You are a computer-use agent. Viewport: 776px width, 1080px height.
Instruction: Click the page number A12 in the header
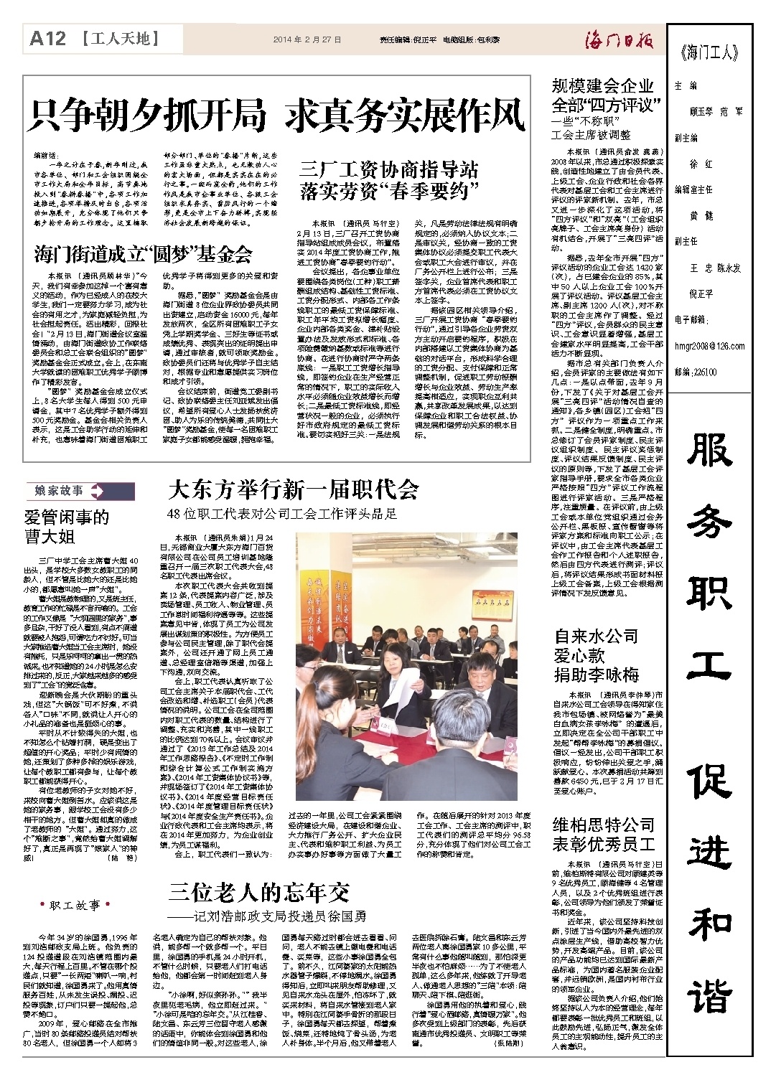click(48, 39)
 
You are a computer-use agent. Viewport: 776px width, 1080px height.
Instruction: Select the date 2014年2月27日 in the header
click(307, 40)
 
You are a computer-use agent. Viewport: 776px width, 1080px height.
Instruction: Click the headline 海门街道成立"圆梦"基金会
click(143, 253)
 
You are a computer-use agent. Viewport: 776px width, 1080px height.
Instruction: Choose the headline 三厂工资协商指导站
click(388, 171)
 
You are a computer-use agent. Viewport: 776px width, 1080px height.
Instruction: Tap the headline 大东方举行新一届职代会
click(293, 489)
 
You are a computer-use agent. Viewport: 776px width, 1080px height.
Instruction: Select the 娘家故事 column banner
click(61, 492)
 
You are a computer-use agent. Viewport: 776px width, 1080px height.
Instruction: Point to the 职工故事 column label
click(75, 906)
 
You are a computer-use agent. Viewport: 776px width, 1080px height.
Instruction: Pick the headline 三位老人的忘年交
click(259, 893)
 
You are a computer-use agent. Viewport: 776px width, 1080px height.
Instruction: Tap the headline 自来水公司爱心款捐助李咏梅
click(596, 655)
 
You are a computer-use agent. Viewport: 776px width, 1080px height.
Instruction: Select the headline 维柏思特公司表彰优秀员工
click(603, 835)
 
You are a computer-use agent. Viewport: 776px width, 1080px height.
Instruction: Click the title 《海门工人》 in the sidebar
click(709, 52)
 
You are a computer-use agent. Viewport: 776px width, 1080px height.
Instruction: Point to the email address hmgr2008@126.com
click(709, 346)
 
